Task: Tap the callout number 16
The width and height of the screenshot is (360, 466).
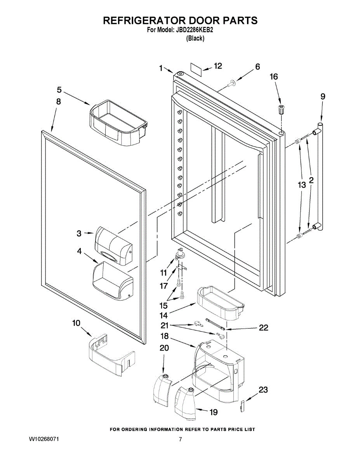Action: coord(274,77)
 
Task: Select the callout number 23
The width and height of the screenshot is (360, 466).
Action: coord(263,389)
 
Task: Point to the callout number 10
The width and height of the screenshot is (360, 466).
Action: coord(77,323)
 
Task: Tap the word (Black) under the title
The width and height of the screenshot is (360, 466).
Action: coord(195,38)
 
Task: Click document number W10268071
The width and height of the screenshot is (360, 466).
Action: coord(44,440)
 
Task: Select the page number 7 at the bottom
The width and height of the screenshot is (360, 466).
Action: coord(180,440)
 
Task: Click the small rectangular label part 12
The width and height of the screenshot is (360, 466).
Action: coord(196,70)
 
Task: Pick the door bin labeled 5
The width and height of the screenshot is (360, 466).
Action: coord(118,122)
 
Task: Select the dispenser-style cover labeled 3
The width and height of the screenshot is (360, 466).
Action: coord(113,245)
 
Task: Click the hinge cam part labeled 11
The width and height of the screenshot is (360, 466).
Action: coord(180,253)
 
